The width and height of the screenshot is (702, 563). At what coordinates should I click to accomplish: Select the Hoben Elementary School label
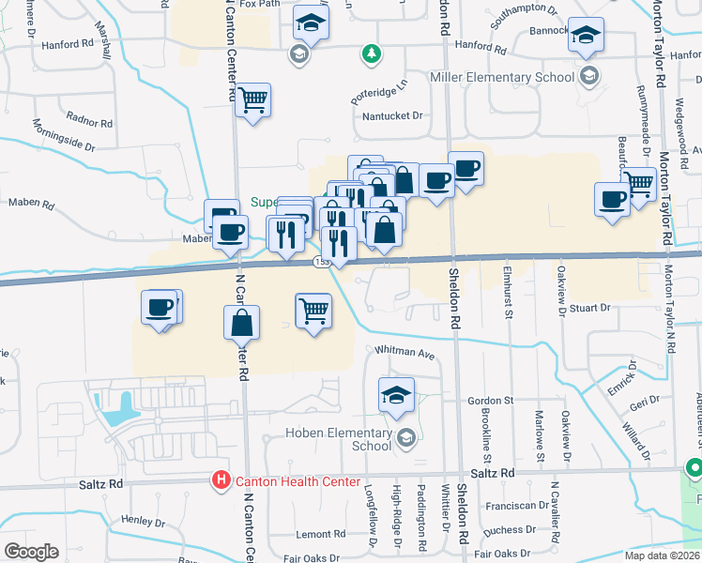pos(339,439)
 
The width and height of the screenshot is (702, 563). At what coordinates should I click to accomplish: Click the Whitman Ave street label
pos(405,354)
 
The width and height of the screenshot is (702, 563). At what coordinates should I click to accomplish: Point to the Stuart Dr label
pos(589,307)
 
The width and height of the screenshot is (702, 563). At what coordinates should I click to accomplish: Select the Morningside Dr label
pos(64,136)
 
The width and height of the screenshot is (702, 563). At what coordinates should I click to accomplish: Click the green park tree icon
pos(373,53)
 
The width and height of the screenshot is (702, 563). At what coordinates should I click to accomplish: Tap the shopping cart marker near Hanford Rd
pos(252,99)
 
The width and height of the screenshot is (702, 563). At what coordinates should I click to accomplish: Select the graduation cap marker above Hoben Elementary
pos(397,395)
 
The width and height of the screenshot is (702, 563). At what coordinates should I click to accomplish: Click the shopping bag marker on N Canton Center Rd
pos(241,323)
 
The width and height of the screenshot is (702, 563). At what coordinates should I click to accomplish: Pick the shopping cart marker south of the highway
pos(313,310)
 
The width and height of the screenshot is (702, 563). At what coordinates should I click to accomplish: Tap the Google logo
pos(32,552)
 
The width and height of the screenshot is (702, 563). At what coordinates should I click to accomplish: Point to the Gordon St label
pos(490,401)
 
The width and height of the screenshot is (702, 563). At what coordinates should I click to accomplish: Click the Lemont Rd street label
pos(314,534)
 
